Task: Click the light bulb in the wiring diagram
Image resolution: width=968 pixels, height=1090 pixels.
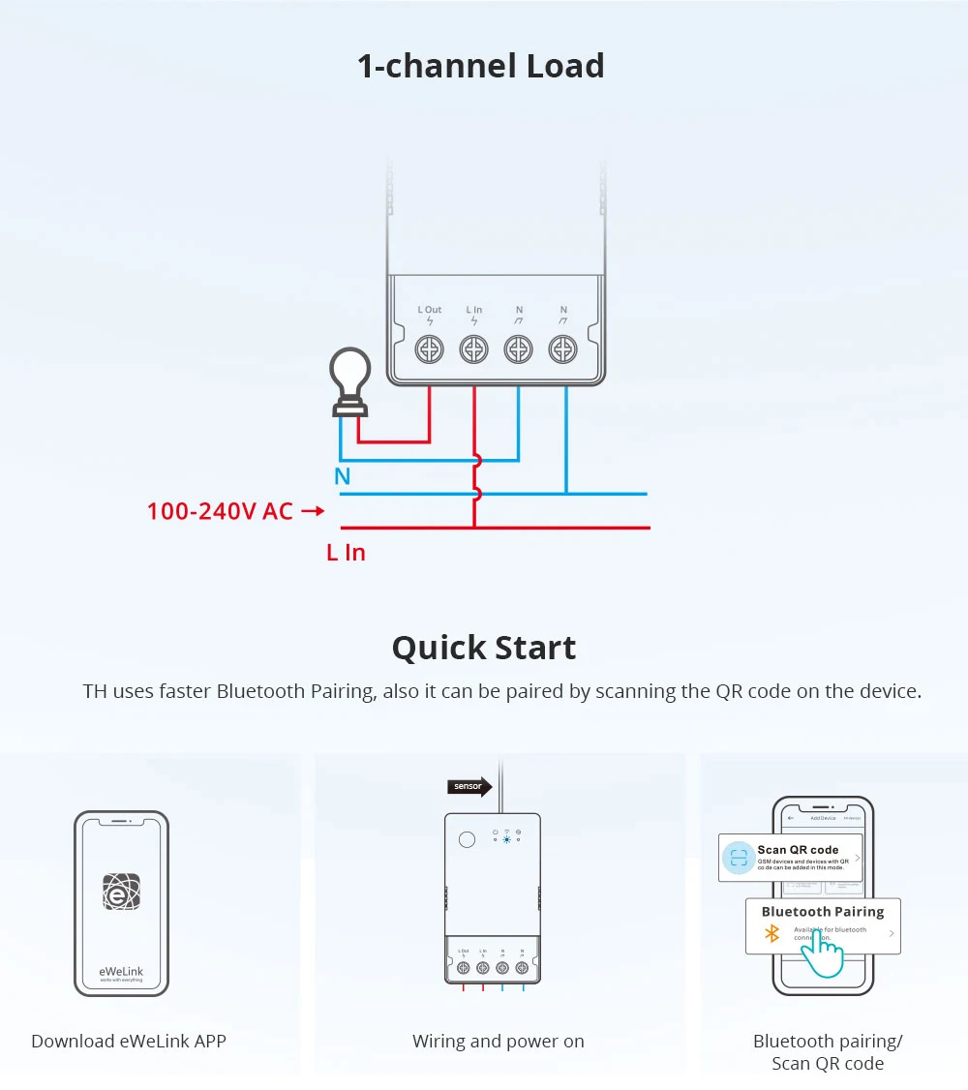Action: pos(350,378)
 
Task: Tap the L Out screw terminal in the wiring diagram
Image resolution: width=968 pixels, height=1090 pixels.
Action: pos(429,348)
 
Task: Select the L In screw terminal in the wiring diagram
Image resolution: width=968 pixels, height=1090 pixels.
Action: pos(473,348)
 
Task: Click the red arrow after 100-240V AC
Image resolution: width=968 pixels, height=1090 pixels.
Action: pos(313,510)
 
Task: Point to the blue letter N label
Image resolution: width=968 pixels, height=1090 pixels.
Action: pos(343,476)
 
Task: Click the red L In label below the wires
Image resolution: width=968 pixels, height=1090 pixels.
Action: pos(346,553)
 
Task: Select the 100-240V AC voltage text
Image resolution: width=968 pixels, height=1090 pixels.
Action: pos(220,511)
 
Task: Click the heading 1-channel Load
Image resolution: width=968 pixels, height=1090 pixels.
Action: pos(481,66)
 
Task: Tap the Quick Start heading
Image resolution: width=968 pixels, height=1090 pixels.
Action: pos(484,647)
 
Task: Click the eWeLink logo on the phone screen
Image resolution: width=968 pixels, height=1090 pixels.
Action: pos(122,892)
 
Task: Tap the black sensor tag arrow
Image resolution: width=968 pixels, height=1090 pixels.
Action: pos(469,786)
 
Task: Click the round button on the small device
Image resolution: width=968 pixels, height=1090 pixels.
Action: pos(467,839)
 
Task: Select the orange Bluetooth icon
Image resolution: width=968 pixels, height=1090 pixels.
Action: pos(771,933)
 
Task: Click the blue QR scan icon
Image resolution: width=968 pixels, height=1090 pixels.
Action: pos(739,857)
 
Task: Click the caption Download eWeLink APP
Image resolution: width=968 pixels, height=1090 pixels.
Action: pos(129,1042)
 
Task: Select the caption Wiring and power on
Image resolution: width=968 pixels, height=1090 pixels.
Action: pos(499,1042)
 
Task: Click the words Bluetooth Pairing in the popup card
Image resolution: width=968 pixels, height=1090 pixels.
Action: pos(823,911)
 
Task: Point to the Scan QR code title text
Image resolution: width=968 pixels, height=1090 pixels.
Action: pos(798,849)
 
